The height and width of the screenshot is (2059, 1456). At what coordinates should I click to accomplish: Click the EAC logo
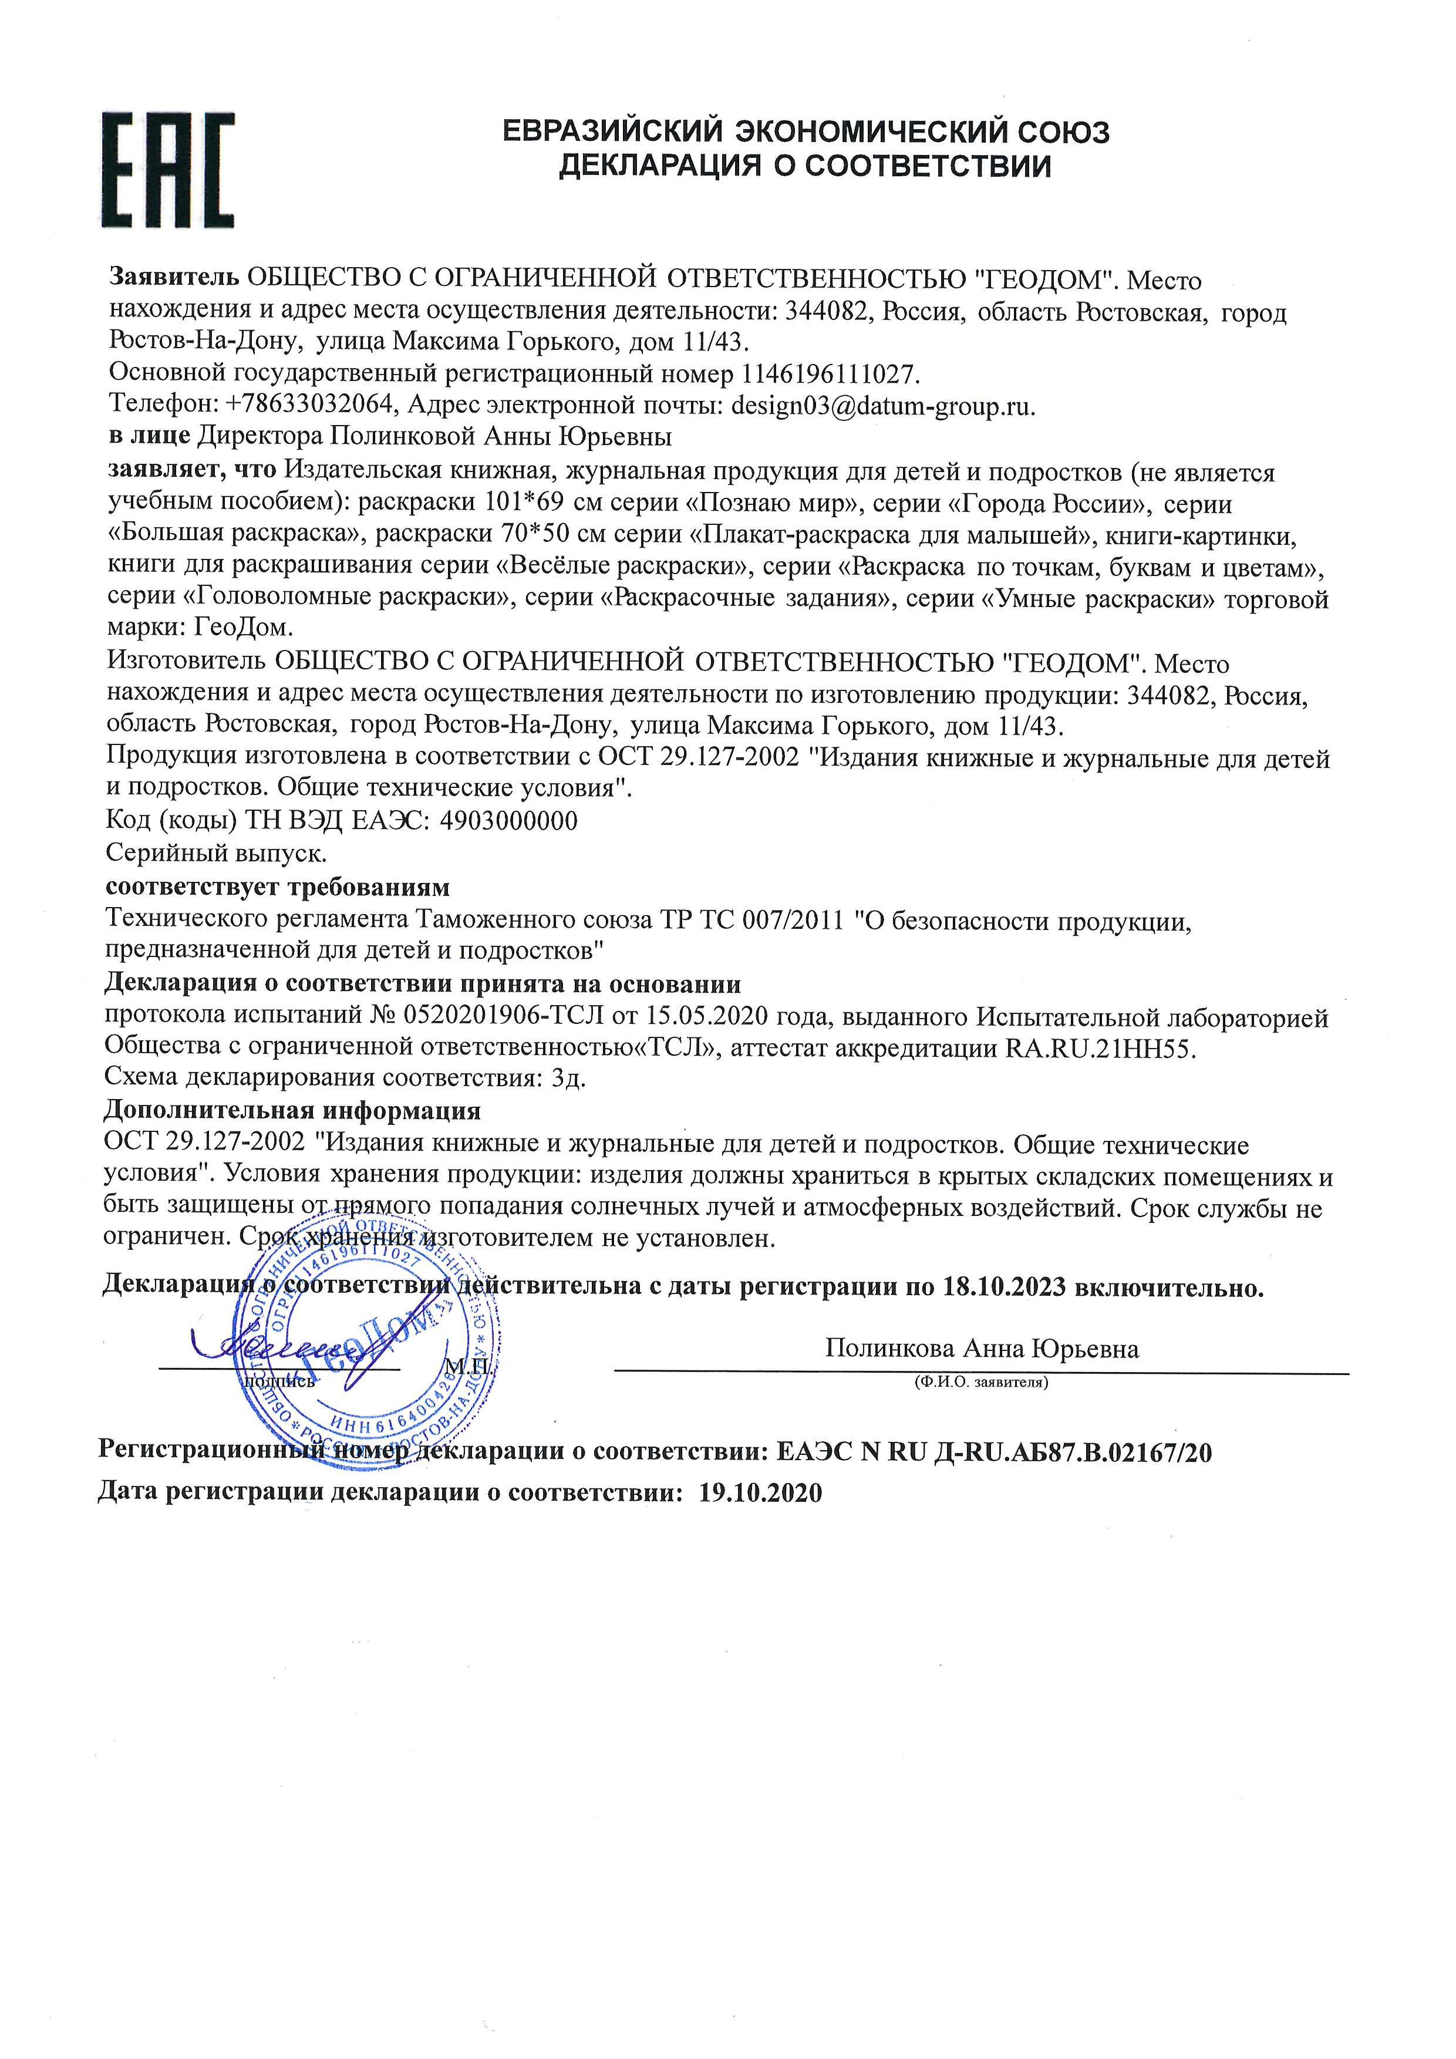(x=168, y=170)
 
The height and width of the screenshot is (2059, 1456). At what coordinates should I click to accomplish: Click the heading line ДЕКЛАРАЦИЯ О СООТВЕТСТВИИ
(x=804, y=167)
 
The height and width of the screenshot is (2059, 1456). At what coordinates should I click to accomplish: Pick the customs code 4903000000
(x=508, y=821)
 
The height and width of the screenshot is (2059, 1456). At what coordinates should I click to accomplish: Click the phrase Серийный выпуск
(x=215, y=851)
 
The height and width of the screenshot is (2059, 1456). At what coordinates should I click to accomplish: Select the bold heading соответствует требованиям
(x=278, y=887)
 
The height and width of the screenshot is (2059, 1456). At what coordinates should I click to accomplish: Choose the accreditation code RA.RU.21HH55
(x=1102, y=1049)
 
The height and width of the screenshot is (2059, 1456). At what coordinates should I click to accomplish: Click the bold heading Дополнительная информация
(x=292, y=1110)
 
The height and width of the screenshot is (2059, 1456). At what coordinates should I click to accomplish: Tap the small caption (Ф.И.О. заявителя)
(x=981, y=1382)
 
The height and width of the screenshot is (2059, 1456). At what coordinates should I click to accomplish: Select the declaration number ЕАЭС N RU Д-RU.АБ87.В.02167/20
(x=993, y=1453)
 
